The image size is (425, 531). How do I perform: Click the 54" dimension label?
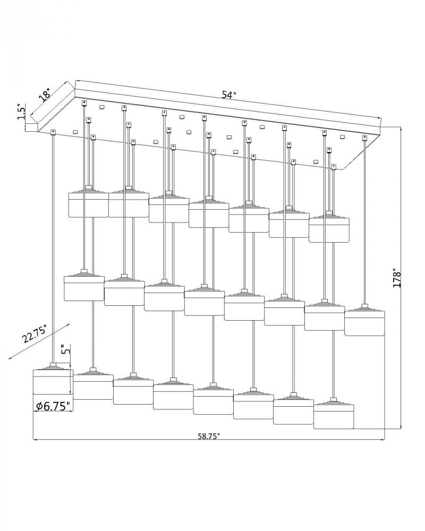229,95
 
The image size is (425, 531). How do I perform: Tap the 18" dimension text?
45,95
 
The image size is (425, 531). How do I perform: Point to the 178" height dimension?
397,279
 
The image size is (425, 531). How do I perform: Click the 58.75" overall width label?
209,436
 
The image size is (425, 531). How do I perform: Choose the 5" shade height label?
66,349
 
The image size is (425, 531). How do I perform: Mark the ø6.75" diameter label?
53,406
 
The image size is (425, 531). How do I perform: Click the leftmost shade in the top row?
89,204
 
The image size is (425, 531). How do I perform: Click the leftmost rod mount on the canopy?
53,132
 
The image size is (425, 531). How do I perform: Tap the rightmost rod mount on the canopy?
364,138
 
